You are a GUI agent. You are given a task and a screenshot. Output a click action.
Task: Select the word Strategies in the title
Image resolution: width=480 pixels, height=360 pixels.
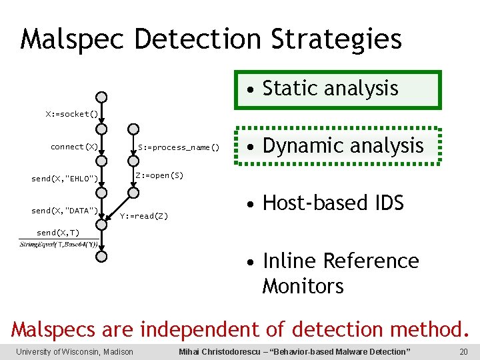[337, 39]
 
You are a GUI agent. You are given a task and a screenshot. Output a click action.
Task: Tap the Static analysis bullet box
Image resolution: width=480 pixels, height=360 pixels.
[337, 89]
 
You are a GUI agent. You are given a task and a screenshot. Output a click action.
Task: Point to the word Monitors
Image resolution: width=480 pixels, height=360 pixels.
[303, 286]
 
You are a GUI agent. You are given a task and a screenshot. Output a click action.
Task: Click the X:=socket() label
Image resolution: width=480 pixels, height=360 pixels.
[71, 114]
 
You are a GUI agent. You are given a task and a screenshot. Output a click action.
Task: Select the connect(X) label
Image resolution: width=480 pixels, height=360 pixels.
[74, 146]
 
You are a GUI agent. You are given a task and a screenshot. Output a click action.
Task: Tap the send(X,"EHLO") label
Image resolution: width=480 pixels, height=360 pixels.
[65, 178]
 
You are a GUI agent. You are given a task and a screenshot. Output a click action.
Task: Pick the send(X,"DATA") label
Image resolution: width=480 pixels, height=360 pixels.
[65, 211]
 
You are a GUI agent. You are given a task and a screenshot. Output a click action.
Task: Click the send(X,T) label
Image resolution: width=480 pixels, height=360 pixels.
[58, 233]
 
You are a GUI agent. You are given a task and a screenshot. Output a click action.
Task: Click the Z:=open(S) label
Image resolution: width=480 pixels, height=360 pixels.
[159, 175]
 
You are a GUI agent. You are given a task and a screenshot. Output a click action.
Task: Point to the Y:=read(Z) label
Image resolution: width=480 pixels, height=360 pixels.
[144, 216]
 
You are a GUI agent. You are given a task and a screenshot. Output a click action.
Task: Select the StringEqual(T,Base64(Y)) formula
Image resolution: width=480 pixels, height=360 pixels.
[59, 245]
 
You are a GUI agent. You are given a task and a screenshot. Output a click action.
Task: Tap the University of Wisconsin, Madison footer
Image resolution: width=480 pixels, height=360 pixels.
[75, 351]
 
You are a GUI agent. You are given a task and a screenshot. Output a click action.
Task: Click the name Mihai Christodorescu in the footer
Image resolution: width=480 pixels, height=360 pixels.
[221, 351]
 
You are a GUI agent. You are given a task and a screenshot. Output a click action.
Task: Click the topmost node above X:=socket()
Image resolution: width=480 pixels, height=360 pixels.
[101, 97]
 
